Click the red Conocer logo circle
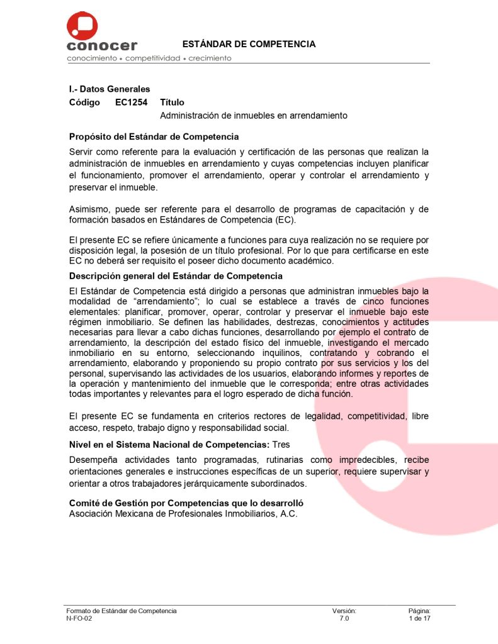tap(82, 26)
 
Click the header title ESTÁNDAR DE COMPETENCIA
tap(249, 44)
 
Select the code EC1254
tap(131, 103)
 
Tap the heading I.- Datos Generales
tap(109, 89)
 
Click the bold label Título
tap(172, 103)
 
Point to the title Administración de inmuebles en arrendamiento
tap(254, 116)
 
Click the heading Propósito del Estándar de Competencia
tap(154, 137)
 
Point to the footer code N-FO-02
tap(79, 619)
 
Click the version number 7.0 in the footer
tap(344, 619)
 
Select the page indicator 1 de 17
tap(419, 619)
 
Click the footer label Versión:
tap(344, 611)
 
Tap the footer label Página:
tap(419, 611)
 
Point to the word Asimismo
tap(90, 209)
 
